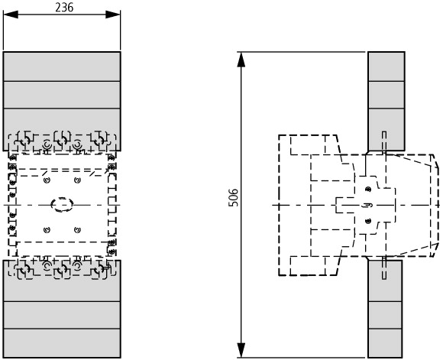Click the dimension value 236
click(x=64, y=8)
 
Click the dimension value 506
click(x=234, y=198)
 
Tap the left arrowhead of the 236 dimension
click(x=11, y=15)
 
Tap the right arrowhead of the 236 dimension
click(x=113, y=15)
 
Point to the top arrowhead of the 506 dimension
click(x=241, y=60)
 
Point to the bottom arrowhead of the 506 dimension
click(x=241, y=350)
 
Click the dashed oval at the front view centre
click(x=62, y=205)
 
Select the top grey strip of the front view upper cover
click(x=62, y=66)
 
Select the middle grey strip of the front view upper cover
click(x=62, y=95)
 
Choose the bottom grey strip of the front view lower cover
click(x=62, y=343)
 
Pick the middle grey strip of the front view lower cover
click(x=62, y=315)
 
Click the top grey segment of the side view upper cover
click(x=386, y=66)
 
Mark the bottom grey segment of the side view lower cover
click(x=385, y=343)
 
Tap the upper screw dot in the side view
click(x=368, y=190)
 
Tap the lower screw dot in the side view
click(x=368, y=221)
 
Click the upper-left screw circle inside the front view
click(x=47, y=180)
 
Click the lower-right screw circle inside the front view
click(x=77, y=230)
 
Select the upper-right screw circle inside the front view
click(x=77, y=180)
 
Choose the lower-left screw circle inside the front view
click(x=47, y=230)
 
